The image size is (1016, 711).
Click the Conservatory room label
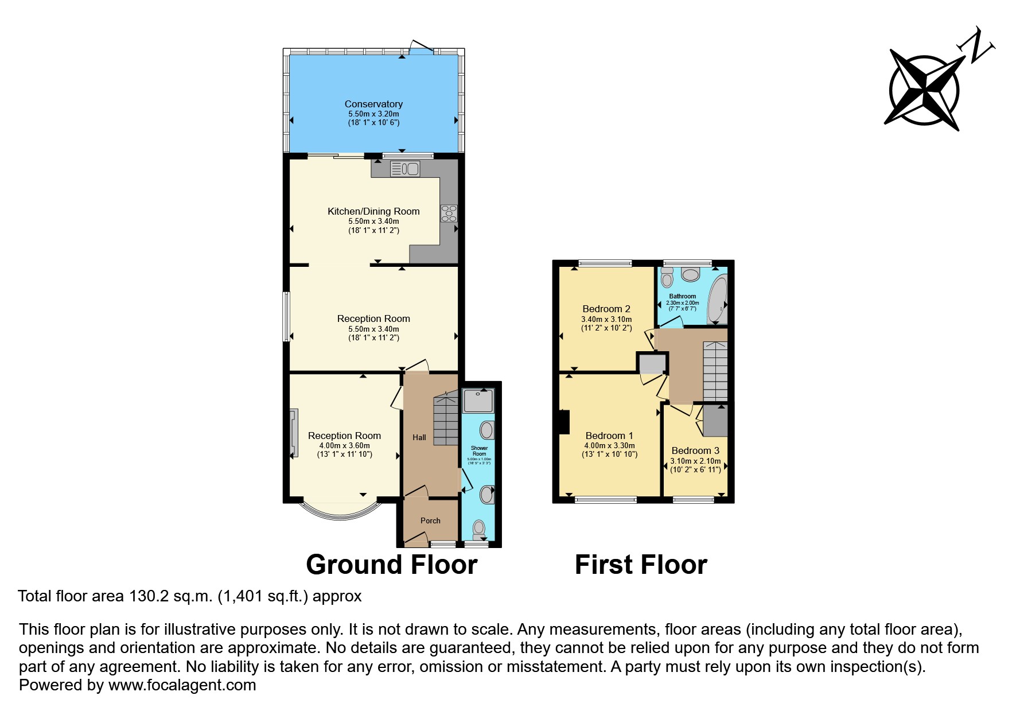(x=373, y=104)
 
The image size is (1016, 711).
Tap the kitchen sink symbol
(x=405, y=169)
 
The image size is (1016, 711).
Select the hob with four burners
(x=449, y=213)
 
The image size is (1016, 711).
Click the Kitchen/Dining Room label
(x=373, y=211)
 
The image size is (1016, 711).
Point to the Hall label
(x=419, y=437)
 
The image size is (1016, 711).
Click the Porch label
(x=430, y=520)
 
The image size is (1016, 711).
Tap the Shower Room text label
(x=479, y=450)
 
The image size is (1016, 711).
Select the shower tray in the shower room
(x=478, y=401)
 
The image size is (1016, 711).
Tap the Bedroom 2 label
(x=606, y=309)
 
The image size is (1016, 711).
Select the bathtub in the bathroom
(x=717, y=300)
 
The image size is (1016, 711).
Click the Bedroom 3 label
(x=695, y=450)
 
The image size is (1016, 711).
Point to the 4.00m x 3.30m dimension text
(x=609, y=445)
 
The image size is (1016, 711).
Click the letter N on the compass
(x=979, y=45)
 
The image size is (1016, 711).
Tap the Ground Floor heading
(x=391, y=565)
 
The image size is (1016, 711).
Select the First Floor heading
(x=641, y=565)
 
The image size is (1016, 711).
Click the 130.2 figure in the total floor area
(x=149, y=596)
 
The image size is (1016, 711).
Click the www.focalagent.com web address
(x=182, y=685)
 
